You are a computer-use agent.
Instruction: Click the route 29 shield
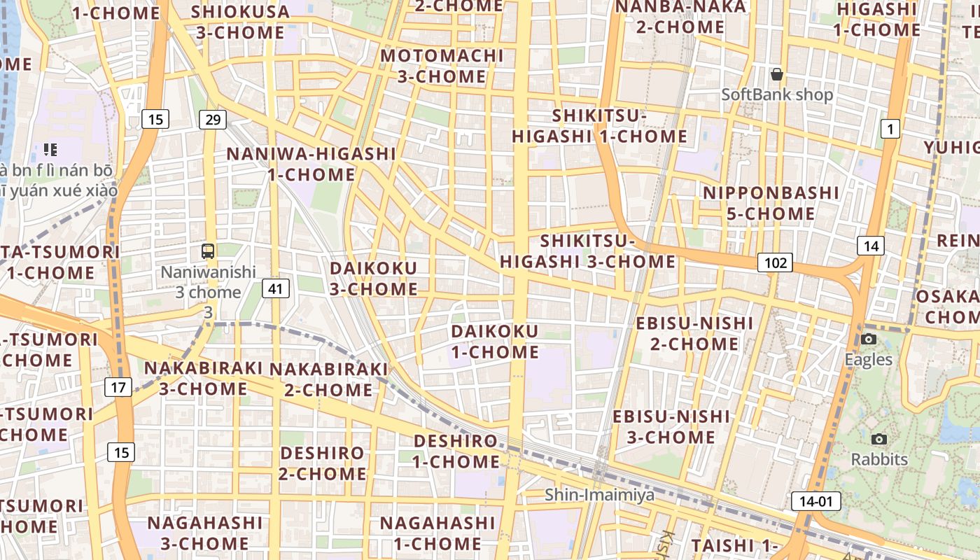tap(212, 120)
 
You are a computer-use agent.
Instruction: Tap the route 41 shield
tap(276, 288)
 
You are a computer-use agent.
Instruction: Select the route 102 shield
tap(775, 263)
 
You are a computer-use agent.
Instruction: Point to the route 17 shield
tap(118, 386)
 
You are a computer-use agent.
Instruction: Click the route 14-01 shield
tap(816, 501)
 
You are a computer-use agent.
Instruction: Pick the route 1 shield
tap(890, 129)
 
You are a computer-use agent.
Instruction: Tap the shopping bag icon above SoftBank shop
tap(776, 74)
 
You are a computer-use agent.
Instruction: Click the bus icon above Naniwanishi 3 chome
tap(208, 251)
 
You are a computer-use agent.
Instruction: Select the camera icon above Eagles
tap(869, 339)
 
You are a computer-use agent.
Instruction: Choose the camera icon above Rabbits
tap(879, 439)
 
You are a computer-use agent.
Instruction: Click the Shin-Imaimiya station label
tap(600, 495)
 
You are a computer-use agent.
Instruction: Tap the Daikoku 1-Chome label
tap(495, 342)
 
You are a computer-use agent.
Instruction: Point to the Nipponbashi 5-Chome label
tap(771, 203)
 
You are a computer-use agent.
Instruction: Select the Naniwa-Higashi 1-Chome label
tap(311, 164)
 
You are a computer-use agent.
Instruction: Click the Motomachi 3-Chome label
tap(442, 66)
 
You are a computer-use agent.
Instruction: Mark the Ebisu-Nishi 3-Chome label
tap(671, 427)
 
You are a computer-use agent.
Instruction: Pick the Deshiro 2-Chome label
tap(323, 463)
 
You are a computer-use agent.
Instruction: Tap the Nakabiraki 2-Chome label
tap(328, 379)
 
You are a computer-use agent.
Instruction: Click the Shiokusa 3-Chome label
tap(240, 22)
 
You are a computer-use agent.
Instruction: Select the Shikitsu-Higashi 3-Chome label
tap(588, 251)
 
